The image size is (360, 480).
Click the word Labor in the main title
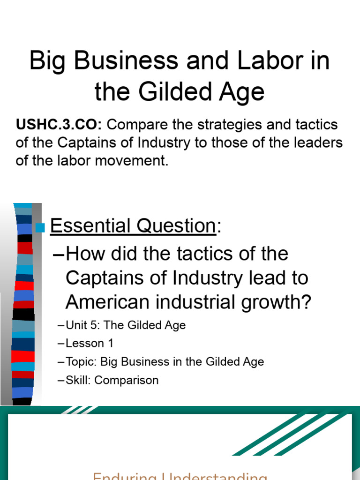click(265, 61)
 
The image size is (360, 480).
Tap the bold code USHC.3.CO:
click(61, 125)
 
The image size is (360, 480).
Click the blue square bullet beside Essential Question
click(40, 228)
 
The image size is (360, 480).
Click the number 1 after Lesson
click(111, 343)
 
